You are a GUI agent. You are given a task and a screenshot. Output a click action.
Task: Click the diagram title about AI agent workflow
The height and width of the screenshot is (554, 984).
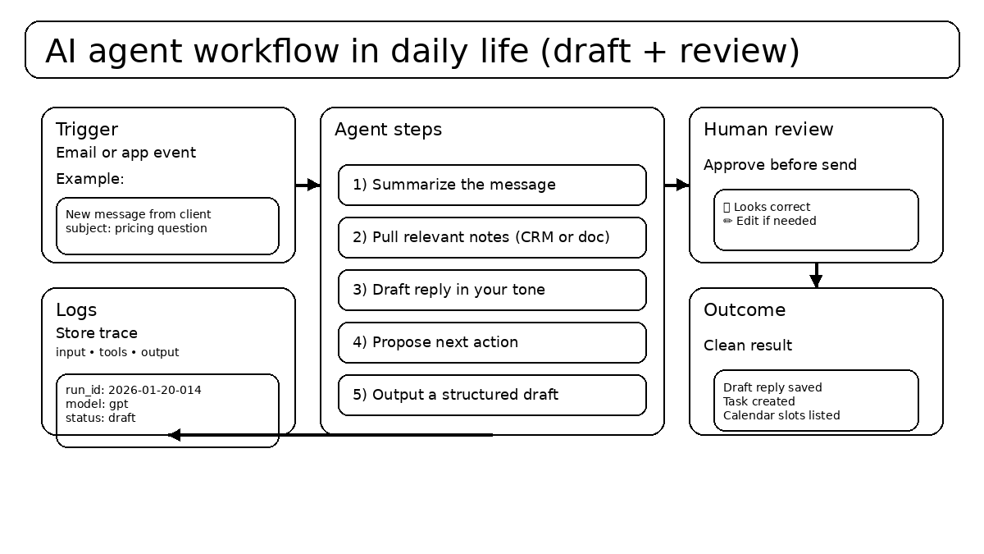coord(421,51)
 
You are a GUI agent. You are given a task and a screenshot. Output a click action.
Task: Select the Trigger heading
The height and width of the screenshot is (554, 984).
coord(87,130)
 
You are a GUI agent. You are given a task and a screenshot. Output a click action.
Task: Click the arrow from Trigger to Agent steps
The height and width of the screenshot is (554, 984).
coord(307,185)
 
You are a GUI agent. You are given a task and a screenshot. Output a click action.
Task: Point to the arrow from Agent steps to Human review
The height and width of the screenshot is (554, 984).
coord(676,185)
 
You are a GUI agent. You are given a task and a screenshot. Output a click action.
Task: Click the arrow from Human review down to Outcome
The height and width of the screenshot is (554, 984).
coord(816,275)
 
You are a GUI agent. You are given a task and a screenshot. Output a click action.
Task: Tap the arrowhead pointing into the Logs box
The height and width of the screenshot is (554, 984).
coord(174,435)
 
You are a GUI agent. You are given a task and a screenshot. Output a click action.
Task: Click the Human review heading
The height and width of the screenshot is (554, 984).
coord(768,130)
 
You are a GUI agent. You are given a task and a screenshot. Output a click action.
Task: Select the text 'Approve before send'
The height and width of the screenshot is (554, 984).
coord(780,165)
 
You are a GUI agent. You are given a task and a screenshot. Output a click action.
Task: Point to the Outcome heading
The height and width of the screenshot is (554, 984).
coord(745,310)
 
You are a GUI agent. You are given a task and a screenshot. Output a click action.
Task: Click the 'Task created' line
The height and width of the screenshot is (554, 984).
coord(758,401)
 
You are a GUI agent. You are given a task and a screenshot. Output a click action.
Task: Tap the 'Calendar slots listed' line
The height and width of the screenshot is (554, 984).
coord(781,415)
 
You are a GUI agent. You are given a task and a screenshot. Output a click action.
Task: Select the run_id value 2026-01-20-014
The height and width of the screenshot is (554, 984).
coord(155,390)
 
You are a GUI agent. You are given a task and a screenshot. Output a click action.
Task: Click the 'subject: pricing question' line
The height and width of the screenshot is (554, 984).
coord(136,228)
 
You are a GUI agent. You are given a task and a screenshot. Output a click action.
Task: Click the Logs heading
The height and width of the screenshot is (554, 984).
coord(76,310)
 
